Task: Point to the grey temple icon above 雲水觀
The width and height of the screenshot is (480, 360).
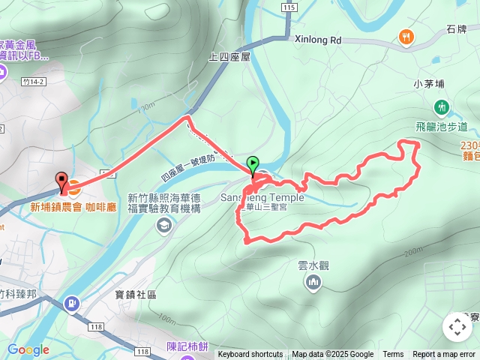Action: (313, 282)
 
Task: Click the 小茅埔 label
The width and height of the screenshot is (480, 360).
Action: (429, 84)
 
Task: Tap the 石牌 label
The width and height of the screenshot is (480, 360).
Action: (456, 29)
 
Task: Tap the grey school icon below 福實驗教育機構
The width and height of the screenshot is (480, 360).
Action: (163, 226)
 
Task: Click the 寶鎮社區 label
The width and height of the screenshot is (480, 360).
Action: (136, 295)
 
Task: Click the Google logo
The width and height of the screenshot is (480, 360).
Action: (28, 349)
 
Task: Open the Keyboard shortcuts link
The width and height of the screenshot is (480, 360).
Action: (250, 355)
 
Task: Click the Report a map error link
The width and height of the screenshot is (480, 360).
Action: (444, 355)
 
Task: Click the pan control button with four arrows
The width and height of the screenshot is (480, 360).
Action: (457, 327)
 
